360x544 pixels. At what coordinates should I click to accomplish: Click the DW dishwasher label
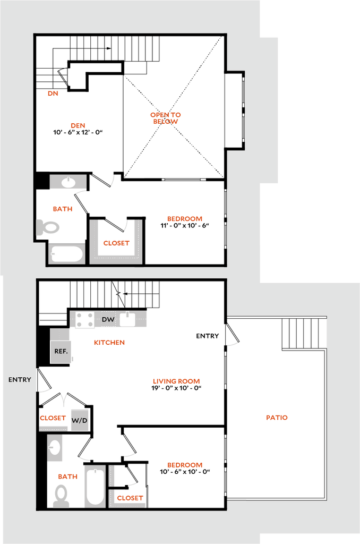(108, 319)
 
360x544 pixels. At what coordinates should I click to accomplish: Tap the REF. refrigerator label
(60, 351)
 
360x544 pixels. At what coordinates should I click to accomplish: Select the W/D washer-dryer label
(80, 420)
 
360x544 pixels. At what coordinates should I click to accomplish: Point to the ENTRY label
(20, 380)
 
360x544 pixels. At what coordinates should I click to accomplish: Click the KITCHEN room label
(110, 343)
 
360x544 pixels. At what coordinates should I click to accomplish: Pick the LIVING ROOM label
(176, 381)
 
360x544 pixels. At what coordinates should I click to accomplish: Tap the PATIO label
(277, 418)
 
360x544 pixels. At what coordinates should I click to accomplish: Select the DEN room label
(78, 126)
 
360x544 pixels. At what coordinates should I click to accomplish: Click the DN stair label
(53, 94)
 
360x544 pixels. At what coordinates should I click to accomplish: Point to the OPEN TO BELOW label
(166, 118)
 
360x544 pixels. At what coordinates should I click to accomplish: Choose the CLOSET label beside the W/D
(53, 419)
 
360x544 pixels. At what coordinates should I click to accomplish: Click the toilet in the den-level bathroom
(48, 227)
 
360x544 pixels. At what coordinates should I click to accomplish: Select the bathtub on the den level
(67, 253)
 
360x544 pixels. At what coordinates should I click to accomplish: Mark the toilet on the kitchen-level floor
(61, 495)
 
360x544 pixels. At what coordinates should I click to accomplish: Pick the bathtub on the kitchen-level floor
(95, 487)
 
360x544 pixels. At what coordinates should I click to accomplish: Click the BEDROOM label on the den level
(185, 219)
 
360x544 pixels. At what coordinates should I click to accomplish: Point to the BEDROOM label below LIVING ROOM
(185, 465)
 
